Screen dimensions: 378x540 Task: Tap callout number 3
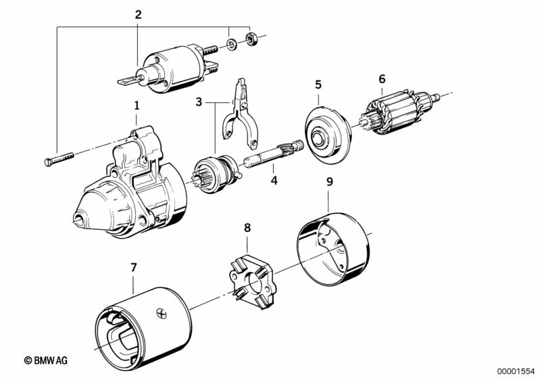[x=199, y=102]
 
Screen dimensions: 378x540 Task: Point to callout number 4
[x=274, y=181]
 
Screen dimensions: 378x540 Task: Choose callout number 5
[x=318, y=85]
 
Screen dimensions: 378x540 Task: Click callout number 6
[x=382, y=79]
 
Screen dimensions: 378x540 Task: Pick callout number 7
[x=133, y=268]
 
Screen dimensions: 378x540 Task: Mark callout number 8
[x=247, y=228]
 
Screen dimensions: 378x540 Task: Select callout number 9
[x=329, y=182]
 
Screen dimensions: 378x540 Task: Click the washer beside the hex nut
[x=231, y=45]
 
